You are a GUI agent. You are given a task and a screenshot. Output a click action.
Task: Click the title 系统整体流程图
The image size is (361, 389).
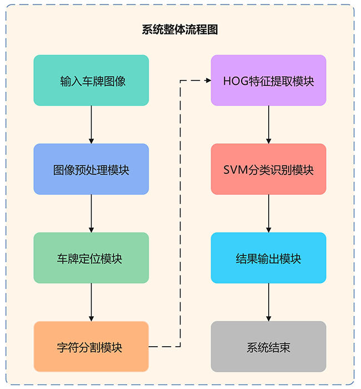coord(180,30)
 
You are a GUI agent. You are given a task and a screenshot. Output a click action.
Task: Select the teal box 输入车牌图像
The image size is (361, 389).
coord(91,81)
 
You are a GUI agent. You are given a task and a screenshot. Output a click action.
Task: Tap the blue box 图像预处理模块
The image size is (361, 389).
coord(91,169)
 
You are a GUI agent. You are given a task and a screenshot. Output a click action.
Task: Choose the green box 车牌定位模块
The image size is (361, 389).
coord(91,258)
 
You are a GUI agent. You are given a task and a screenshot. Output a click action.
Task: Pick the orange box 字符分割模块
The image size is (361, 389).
coord(91,347)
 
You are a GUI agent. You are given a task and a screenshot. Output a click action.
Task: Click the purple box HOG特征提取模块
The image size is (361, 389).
coord(268,81)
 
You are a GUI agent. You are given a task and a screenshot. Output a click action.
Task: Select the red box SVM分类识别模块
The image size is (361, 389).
coord(268,169)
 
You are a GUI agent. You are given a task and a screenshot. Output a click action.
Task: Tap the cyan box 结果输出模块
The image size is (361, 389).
coord(268,258)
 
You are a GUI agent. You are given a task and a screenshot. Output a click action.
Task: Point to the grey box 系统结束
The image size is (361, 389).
coord(268,347)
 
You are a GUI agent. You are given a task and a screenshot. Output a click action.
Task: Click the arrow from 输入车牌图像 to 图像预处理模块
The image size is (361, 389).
coord(91,124)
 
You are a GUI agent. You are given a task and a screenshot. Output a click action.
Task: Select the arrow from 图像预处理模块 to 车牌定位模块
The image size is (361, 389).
coord(91,213)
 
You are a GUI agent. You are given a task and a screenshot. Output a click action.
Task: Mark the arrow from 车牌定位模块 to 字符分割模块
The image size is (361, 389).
coord(91,302)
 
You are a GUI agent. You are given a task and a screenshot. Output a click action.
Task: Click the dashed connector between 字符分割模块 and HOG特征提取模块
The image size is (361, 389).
coord(180,222)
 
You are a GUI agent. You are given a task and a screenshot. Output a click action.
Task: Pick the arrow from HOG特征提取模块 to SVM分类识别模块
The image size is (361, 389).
coord(268,124)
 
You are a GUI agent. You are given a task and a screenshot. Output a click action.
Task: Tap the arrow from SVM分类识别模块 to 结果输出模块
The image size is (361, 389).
coord(268,213)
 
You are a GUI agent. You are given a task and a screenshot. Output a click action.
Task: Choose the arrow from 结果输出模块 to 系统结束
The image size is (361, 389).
coord(268,302)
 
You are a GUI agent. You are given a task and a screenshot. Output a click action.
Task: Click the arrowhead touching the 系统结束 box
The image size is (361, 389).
coord(268,318)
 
